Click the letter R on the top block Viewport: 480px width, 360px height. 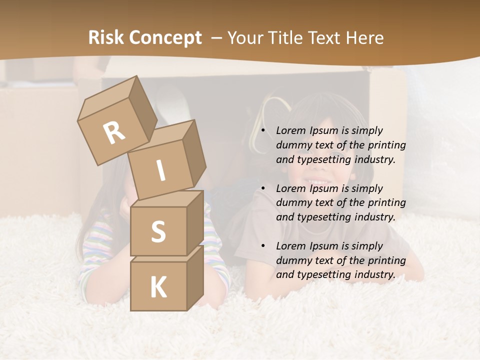coord(114,133)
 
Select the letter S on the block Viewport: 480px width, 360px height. coord(158,231)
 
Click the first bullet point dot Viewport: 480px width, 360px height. coord(263,131)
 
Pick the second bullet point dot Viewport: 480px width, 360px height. coord(263,189)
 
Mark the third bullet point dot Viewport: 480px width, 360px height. coord(263,246)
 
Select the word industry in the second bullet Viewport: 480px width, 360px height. coord(374,217)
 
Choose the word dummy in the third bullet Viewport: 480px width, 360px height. coord(293,260)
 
